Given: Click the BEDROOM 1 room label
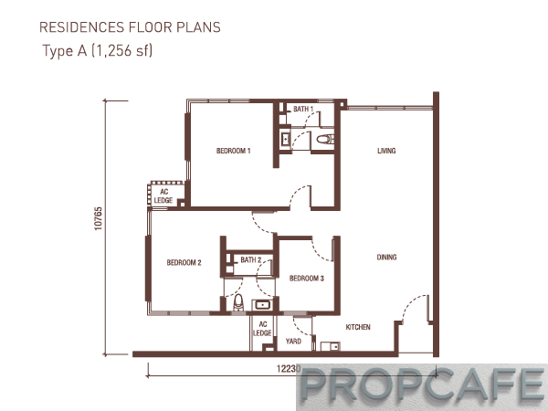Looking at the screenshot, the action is click(234, 151).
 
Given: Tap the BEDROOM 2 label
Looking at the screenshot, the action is click(184, 262).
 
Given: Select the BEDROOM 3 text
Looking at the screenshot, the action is click(307, 279).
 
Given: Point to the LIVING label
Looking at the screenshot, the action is click(386, 151).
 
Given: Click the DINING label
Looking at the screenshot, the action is click(386, 258).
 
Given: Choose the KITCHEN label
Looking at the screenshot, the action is click(358, 327).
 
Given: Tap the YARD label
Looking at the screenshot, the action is click(293, 341).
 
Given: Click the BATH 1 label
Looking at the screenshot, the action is click(303, 109).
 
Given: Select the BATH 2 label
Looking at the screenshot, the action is click(251, 259).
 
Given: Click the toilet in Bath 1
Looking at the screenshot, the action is click(324, 140).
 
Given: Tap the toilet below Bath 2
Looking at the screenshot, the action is click(238, 301).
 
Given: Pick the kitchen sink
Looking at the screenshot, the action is click(330, 346).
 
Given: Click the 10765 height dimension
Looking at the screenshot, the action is click(99, 218).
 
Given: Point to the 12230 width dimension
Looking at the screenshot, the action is click(289, 369).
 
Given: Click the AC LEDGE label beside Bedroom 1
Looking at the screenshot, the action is click(163, 195).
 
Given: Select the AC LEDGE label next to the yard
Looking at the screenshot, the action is click(262, 329).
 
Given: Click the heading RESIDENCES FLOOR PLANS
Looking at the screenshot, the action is click(130, 27).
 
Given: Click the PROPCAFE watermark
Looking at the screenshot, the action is click(422, 385).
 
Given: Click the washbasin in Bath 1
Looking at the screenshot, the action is click(286, 139).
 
